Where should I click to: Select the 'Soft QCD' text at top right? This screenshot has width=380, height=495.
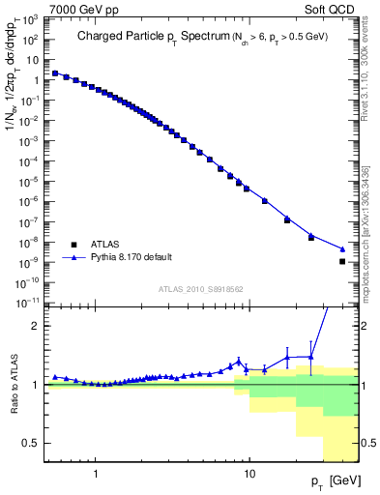pyautogui.click(x=333, y=8)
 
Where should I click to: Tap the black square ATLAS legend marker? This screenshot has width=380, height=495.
pyautogui.click(x=73, y=245)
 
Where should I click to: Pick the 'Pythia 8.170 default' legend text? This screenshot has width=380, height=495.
pyautogui.click(x=132, y=258)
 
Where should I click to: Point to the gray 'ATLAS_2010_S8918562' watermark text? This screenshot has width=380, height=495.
pyautogui.click(x=201, y=288)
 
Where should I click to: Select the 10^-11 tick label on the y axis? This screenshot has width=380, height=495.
pyautogui.click(x=30, y=303)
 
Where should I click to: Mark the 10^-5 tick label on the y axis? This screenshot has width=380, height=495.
pyautogui.click(x=32, y=181)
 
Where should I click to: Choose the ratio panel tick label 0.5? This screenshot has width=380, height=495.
pyautogui.click(x=35, y=443)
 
